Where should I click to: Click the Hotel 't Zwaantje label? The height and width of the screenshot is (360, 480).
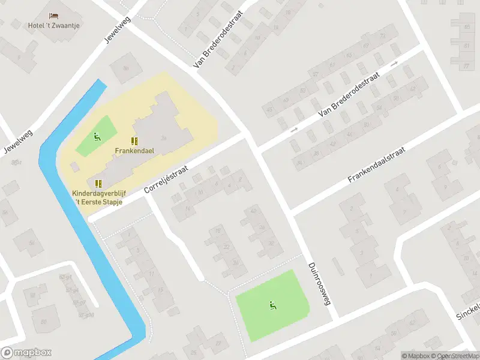[x=54, y=25]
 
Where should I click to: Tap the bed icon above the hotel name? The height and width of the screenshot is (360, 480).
[x=54, y=15]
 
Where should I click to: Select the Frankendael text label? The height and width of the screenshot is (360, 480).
[x=135, y=151]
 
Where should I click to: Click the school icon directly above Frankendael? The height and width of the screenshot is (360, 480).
[x=135, y=141]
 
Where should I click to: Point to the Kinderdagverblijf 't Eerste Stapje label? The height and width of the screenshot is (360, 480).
[x=97, y=197]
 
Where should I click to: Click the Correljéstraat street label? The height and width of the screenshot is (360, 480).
[x=166, y=180]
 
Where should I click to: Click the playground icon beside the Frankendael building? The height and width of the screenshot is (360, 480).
[x=97, y=136]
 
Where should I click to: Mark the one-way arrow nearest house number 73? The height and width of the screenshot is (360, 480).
[x=394, y=62]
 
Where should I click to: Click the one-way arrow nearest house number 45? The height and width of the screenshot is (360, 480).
[x=294, y=129]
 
